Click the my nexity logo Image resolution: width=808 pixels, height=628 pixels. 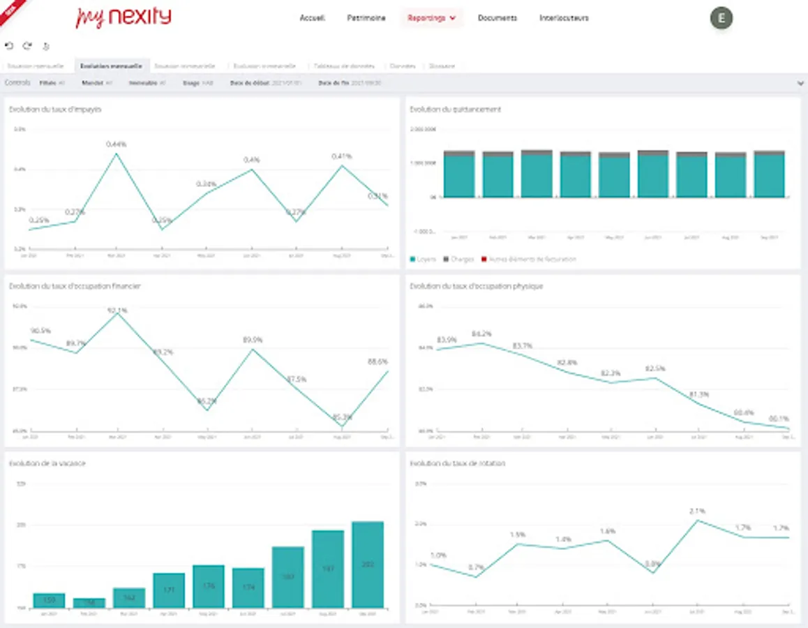pos(123,17)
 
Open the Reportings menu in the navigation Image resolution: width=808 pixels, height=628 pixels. pos(431,18)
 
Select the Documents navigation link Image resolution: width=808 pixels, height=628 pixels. pos(497,18)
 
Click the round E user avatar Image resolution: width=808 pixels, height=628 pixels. pos(721,18)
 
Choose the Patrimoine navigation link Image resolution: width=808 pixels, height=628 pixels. pos(366,18)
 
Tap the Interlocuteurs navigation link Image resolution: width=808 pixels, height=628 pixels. pos(564,18)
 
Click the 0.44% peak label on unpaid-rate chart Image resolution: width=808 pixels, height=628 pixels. pos(117,144)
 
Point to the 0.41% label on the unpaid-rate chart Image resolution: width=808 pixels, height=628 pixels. pos(342,156)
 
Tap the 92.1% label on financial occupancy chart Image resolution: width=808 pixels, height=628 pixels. pos(117,310)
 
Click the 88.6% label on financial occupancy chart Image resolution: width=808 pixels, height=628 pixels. pos(377,361)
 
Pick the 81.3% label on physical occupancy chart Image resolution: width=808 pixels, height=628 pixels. pos(700,394)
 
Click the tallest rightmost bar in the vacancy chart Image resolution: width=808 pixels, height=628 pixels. pos(368,564)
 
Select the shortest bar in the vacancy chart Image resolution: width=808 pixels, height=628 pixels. pos(89,603)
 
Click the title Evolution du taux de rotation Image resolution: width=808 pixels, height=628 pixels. pos(458,463)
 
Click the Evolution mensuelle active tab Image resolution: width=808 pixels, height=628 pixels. pos(111,66)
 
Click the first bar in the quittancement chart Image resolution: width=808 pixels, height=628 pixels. pos(459,174)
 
